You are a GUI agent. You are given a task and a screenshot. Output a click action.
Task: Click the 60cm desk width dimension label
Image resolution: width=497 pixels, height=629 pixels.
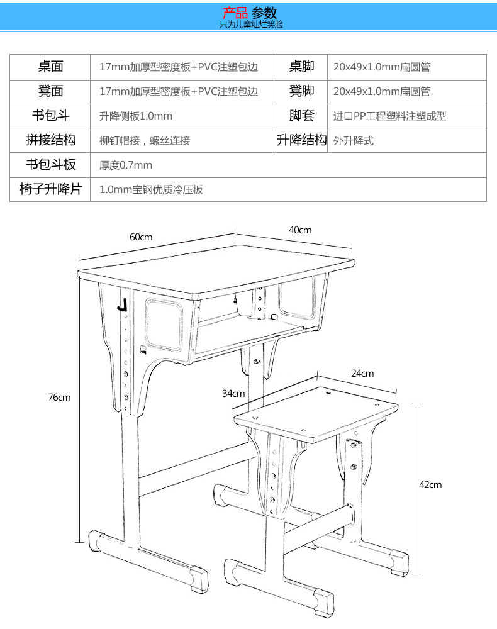141,237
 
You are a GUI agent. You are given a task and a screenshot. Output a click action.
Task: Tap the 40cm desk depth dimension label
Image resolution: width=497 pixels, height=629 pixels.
300,230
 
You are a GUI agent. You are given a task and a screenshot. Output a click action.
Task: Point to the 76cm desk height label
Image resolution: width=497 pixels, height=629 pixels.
59,397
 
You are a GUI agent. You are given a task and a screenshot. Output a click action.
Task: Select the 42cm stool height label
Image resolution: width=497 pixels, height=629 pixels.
430,484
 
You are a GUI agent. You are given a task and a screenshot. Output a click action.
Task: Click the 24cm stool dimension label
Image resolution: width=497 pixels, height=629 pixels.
362,373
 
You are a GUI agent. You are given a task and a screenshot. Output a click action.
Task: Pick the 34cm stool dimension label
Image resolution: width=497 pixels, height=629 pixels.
233,394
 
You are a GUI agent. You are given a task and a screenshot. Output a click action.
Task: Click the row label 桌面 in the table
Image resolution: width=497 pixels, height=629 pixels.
50,67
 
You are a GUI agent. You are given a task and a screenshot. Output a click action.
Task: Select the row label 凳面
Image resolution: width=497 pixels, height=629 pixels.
50,91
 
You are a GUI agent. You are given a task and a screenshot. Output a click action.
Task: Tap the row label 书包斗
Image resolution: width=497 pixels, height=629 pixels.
50,116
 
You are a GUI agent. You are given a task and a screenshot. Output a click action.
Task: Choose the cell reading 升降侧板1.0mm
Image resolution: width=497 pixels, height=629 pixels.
136,116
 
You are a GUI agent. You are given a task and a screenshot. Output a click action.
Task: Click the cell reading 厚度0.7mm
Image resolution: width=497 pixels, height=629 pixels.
126,165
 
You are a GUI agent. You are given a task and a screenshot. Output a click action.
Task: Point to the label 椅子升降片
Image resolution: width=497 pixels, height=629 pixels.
50,189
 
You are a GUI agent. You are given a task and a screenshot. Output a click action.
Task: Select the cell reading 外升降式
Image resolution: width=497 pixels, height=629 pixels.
354,141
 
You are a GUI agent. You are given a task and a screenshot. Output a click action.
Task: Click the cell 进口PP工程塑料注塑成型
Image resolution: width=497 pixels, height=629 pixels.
389,116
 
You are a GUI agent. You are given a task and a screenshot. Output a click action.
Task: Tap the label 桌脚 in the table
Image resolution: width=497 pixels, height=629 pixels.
301,67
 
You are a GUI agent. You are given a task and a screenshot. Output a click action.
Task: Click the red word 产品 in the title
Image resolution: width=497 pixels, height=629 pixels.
235,13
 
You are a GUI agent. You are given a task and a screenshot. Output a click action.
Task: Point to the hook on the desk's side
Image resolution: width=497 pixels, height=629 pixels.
123,305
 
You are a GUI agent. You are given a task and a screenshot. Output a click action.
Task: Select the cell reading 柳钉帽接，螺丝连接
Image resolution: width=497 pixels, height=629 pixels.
145,141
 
